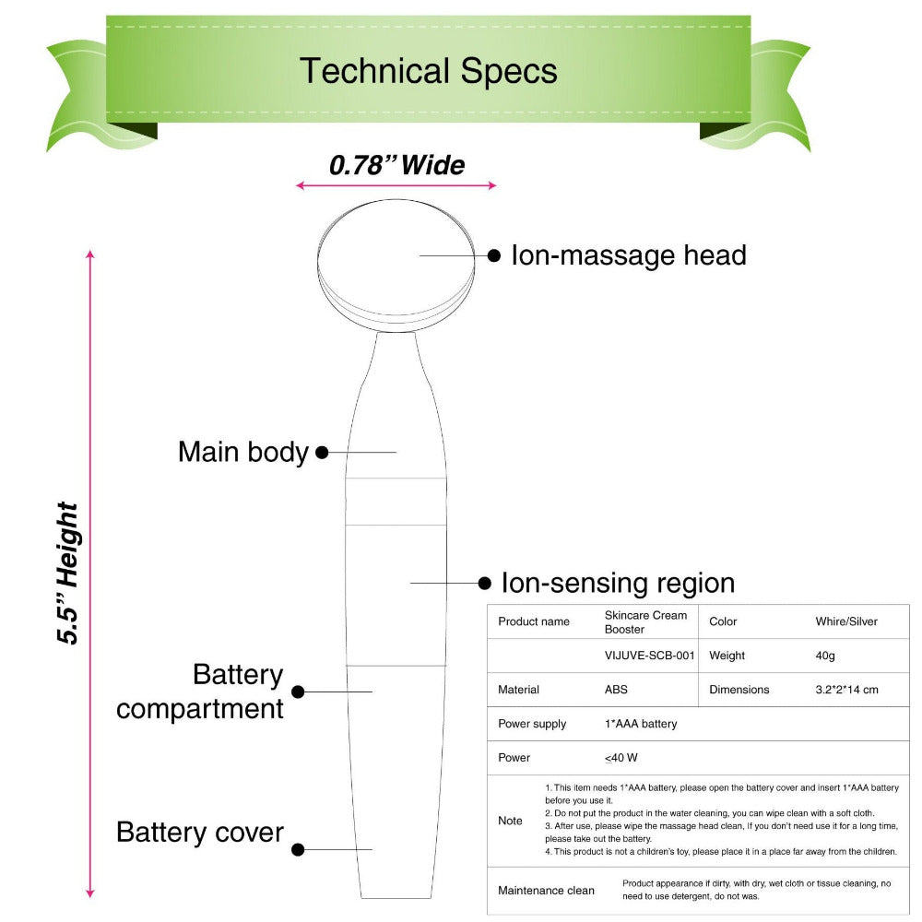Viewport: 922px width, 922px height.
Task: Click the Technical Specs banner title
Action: tap(429, 70)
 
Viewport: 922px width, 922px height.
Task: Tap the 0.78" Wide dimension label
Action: tap(396, 165)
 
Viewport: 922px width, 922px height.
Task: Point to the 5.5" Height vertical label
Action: tap(68, 573)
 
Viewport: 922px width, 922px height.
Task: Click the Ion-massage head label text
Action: tap(628, 255)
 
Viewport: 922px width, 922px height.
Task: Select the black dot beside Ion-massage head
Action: tap(494, 255)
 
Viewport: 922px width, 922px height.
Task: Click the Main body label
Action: tap(242, 452)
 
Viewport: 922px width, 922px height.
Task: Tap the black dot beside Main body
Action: tap(322, 452)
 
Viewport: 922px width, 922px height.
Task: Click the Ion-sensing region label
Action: tap(618, 583)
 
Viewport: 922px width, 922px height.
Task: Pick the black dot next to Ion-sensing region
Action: tap(484, 583)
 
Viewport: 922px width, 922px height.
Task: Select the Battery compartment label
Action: tap(200, 691)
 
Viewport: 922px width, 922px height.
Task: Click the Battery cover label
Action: tap(199, 832)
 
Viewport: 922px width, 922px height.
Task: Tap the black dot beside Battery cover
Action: tap(298, 849)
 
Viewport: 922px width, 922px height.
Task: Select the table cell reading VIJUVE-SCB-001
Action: tap(649, 656)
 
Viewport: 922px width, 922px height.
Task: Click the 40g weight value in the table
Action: tap(827, 656)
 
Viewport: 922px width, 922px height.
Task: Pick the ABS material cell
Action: tap(616, 690)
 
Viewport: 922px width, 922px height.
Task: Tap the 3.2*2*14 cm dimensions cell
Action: tap(846, 690)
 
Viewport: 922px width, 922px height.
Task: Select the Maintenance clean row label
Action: tap(546, 891)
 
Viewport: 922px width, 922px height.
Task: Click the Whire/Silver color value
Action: tap(845, 621)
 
